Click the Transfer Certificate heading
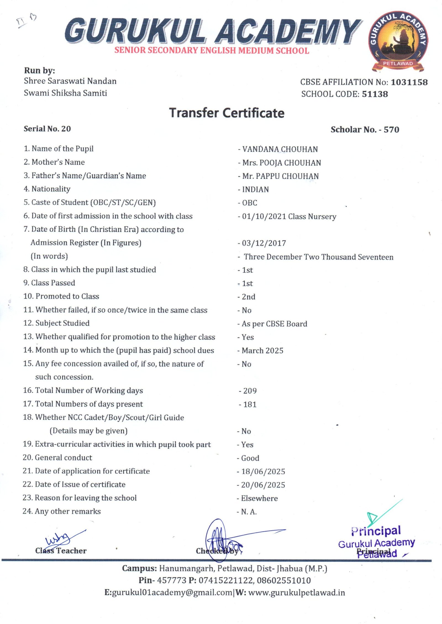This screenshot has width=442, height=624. [x=227, y=113]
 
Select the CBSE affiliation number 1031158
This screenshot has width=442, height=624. [x=409, y=82]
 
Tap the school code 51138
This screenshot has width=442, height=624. [x=375, y=94]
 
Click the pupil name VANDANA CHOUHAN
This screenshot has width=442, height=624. [x=280, y=149]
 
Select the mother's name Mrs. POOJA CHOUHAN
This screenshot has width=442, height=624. [x=281, y=163]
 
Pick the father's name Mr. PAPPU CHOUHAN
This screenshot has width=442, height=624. [x=280, y=176]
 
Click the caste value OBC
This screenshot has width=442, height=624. [x=249, y=203]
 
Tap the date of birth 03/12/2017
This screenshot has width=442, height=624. [x=264, y=243]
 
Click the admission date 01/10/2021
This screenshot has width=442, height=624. [x=264, y=216]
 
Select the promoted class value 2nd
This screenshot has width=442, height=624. [x=248, y=297]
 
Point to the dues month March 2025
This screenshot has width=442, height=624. [x=262, y=351]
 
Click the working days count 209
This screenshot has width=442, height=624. [x=250, y=391]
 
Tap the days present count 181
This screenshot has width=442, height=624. [x=250, y=404]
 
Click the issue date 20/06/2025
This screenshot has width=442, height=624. [x=263, y=485]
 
